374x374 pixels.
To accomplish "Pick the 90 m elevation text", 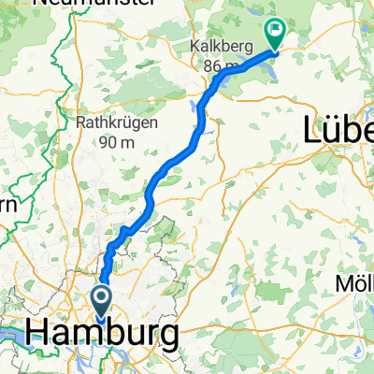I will click(116, 142).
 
